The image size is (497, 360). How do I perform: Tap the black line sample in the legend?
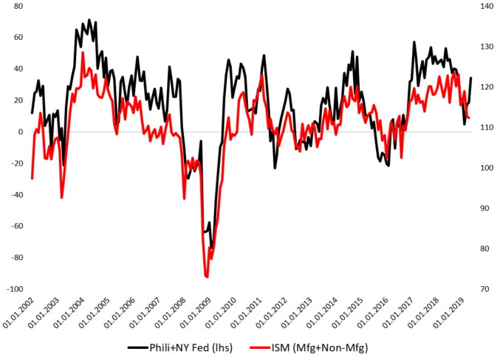click(x=138, y=347)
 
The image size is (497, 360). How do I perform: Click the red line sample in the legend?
click(x=264, y=347)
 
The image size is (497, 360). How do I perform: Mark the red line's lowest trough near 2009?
click(x=207, y=276)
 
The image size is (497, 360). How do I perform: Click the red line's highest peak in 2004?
click(x=83, y=52)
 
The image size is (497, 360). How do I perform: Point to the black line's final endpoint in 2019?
click(x=471, y=78)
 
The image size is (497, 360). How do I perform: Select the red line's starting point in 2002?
click(x=32, y=178)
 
